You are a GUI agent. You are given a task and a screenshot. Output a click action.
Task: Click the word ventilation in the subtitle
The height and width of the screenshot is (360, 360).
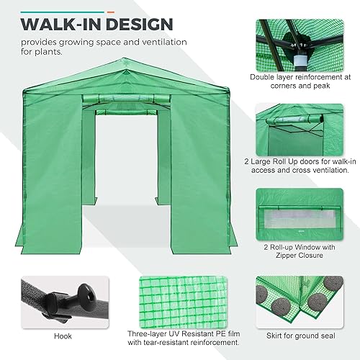point(159,42)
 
